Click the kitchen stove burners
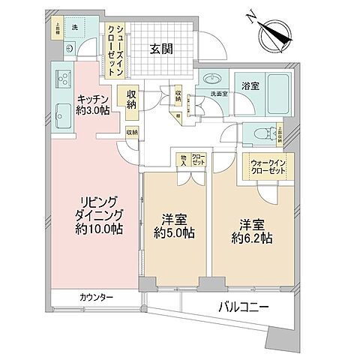pos(62,77)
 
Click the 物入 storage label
pos(182,159)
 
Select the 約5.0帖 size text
pos(174,233)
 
